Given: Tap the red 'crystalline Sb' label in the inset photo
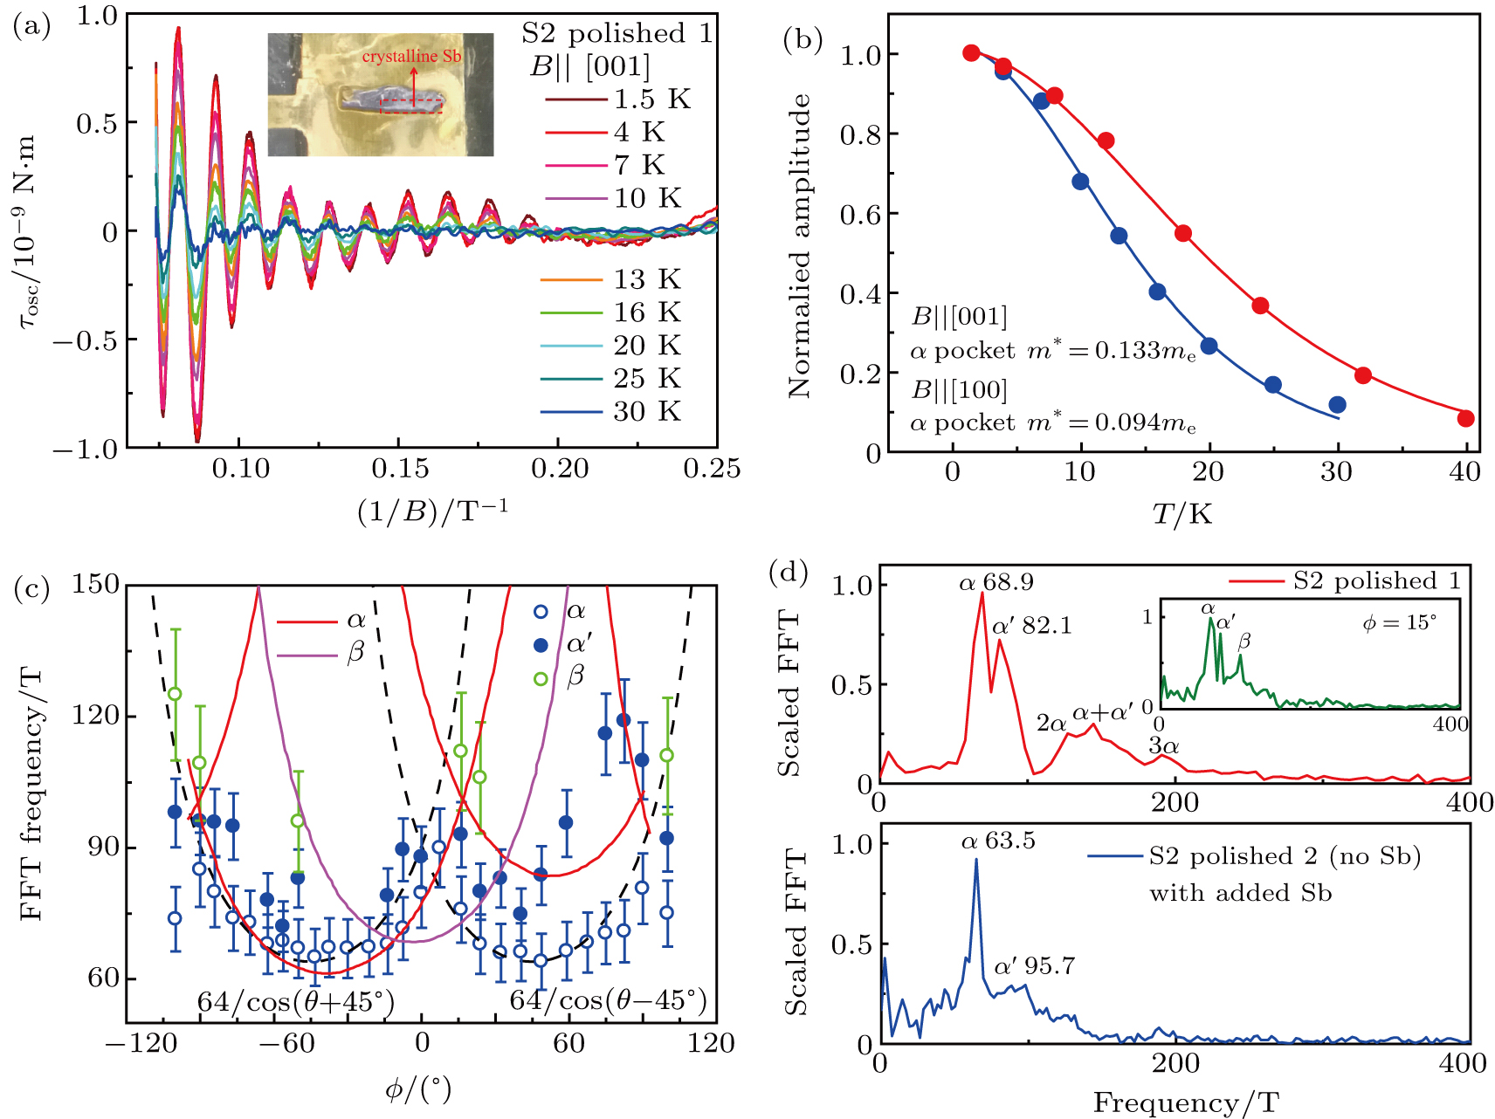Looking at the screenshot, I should click(411, 57).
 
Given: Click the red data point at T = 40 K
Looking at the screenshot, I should click(1465, 419).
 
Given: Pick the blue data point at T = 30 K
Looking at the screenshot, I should click(1337, 405).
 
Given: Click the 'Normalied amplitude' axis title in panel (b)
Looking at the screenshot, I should click(799, 247).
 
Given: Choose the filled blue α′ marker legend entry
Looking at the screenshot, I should click(541, 645).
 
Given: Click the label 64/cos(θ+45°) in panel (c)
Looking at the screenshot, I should click(295, 1001).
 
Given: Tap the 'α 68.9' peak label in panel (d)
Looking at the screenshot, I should click(996, 582).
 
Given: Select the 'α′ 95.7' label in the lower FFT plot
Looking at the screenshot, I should click(1034, 966).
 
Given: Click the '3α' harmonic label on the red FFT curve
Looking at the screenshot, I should click(1164, 745).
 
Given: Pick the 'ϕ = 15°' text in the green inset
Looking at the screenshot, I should click(1400, 623).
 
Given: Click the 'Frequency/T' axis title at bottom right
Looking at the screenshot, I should click(1186, 1103).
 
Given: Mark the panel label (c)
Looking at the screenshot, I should click(32, 590).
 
